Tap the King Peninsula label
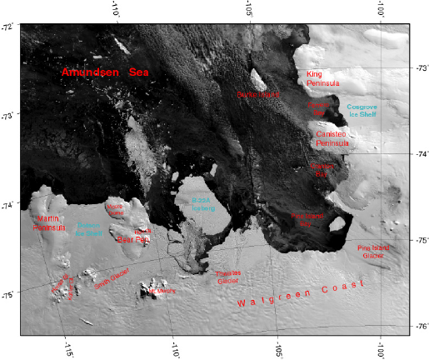pyautogui.click(x=320, y=78)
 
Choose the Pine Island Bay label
pyautogui.click(x=307, y=219)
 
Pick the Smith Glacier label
pyautogui.click(x=112, y=277)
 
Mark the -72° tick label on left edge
pyautogui.click(x=7, y=28)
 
